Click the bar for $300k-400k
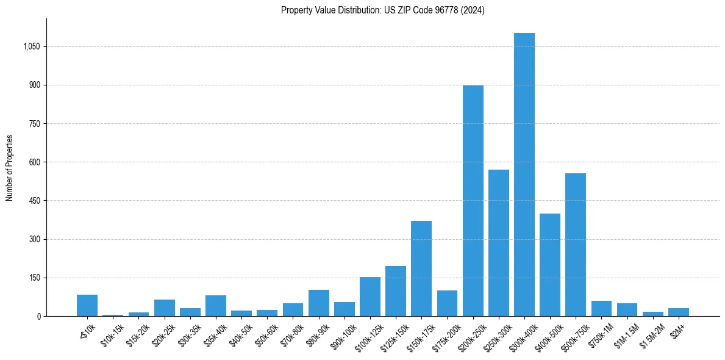524,175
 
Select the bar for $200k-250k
473,201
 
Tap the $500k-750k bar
576,245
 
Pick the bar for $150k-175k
421,268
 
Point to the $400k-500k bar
550,265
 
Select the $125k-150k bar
396,291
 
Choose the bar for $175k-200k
447,303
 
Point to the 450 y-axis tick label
34,201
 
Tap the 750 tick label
34,124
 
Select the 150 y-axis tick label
34,278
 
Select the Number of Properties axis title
10,167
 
